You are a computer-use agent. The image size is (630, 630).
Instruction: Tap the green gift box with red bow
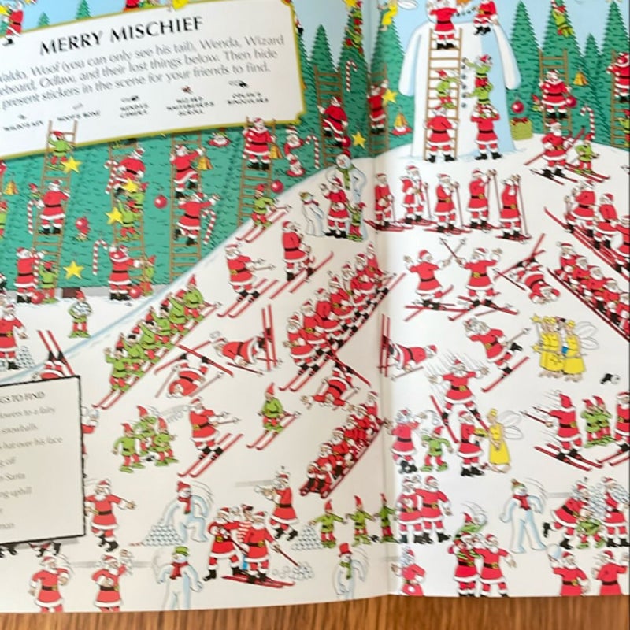point(521,128)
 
